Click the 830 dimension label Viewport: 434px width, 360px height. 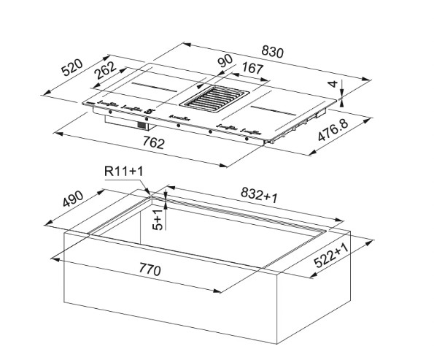coord(273,53)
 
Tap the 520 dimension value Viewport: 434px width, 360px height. coord(72,67)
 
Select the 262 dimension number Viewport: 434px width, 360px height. coord(105,70)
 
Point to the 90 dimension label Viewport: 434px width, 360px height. coord(225,61)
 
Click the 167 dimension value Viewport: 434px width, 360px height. coord(252,68)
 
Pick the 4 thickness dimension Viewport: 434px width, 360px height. coord(334,84)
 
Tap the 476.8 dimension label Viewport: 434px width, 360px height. coord(333,130)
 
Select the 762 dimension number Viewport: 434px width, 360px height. coord(154,142)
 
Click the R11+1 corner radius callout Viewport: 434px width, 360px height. coord(124,172)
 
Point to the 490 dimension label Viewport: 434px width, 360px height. coord(73,199)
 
